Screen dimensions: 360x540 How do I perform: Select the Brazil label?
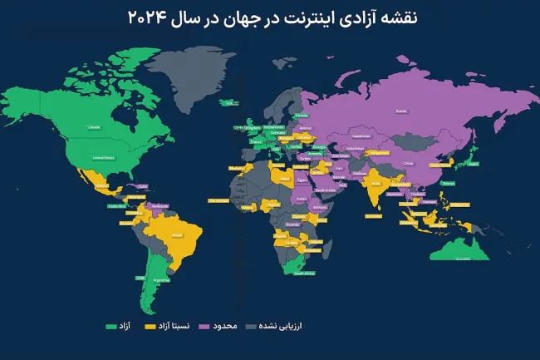click(176, 236)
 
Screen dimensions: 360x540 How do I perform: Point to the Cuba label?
click(119, 185)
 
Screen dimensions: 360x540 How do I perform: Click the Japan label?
click(474, 163)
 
